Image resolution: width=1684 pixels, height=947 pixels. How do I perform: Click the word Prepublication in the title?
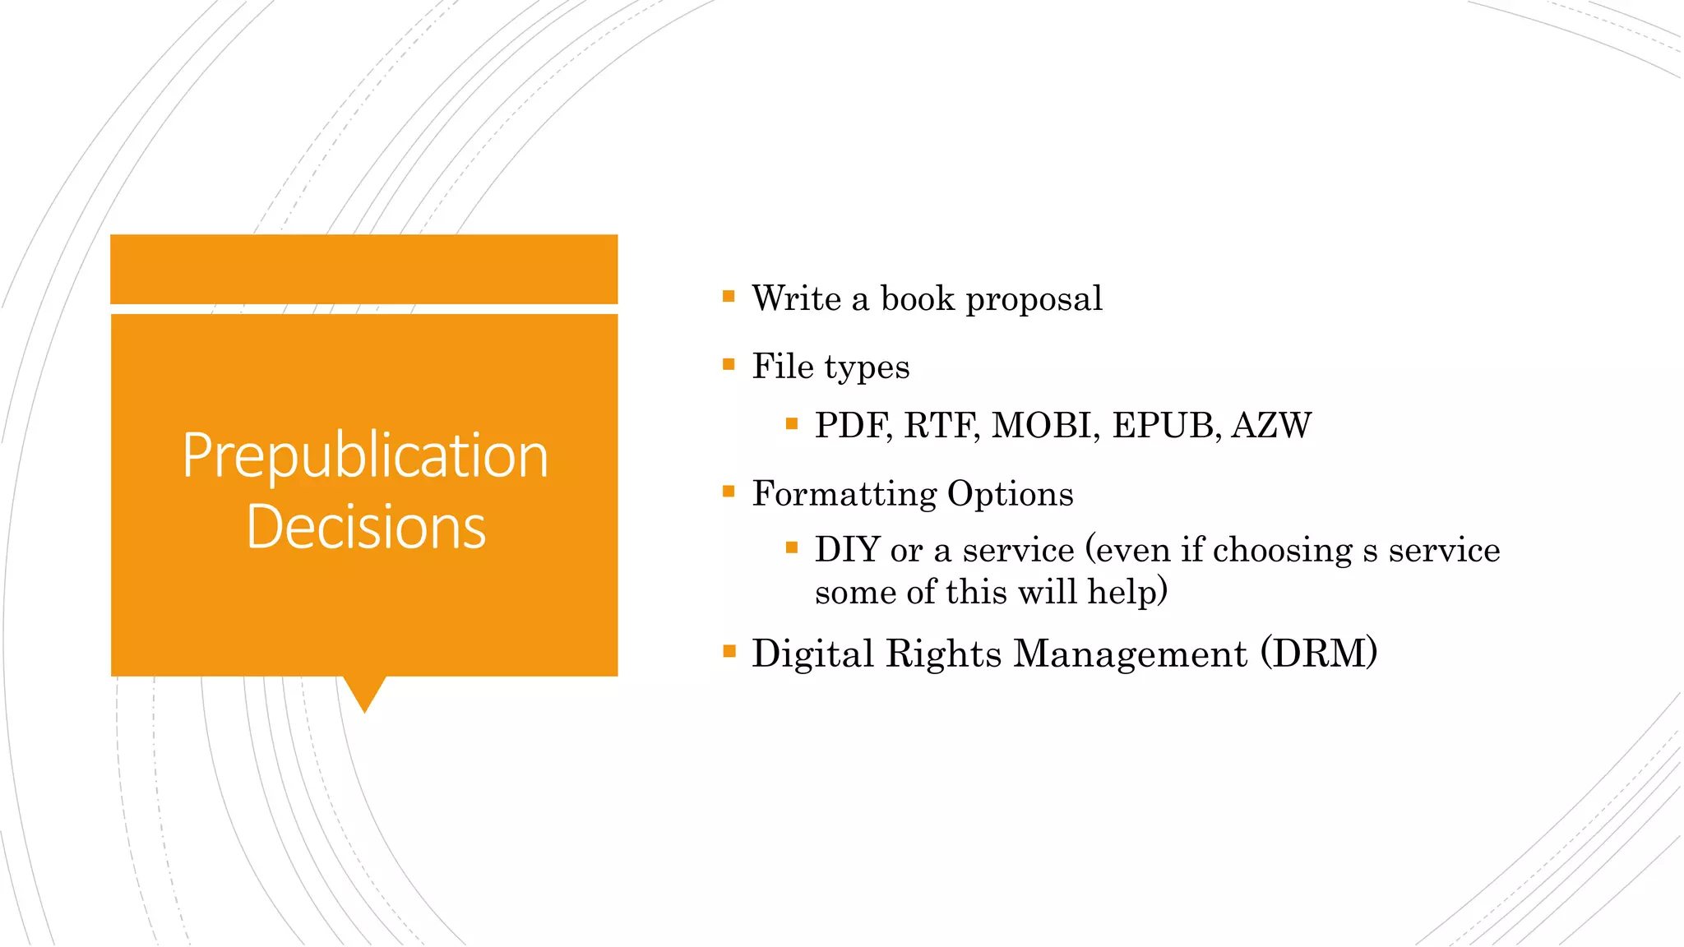[x=365, y=456]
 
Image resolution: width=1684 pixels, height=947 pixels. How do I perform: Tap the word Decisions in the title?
[x=366, y=527]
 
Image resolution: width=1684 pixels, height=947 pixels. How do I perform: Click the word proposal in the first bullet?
[x=1034, y=299]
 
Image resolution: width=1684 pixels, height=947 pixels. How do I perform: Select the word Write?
[x=796, y=298]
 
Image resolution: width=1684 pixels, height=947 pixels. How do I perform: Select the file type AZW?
[x=1271, y=426]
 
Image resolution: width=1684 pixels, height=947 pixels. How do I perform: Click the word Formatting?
[x=844, y=494]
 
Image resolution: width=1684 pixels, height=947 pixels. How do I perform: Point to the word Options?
[x=1010, y=494]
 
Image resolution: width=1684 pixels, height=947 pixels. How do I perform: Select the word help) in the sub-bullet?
[x=1127, y=592]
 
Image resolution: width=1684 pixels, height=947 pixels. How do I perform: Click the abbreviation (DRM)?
[x=1318, y=654]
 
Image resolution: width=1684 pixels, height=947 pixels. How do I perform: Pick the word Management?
[x=1130, y=654]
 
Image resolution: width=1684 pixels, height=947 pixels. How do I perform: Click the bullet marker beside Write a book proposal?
[x=729, y=296]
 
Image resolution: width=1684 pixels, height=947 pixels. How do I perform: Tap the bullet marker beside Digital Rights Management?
[x=729, y=651]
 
